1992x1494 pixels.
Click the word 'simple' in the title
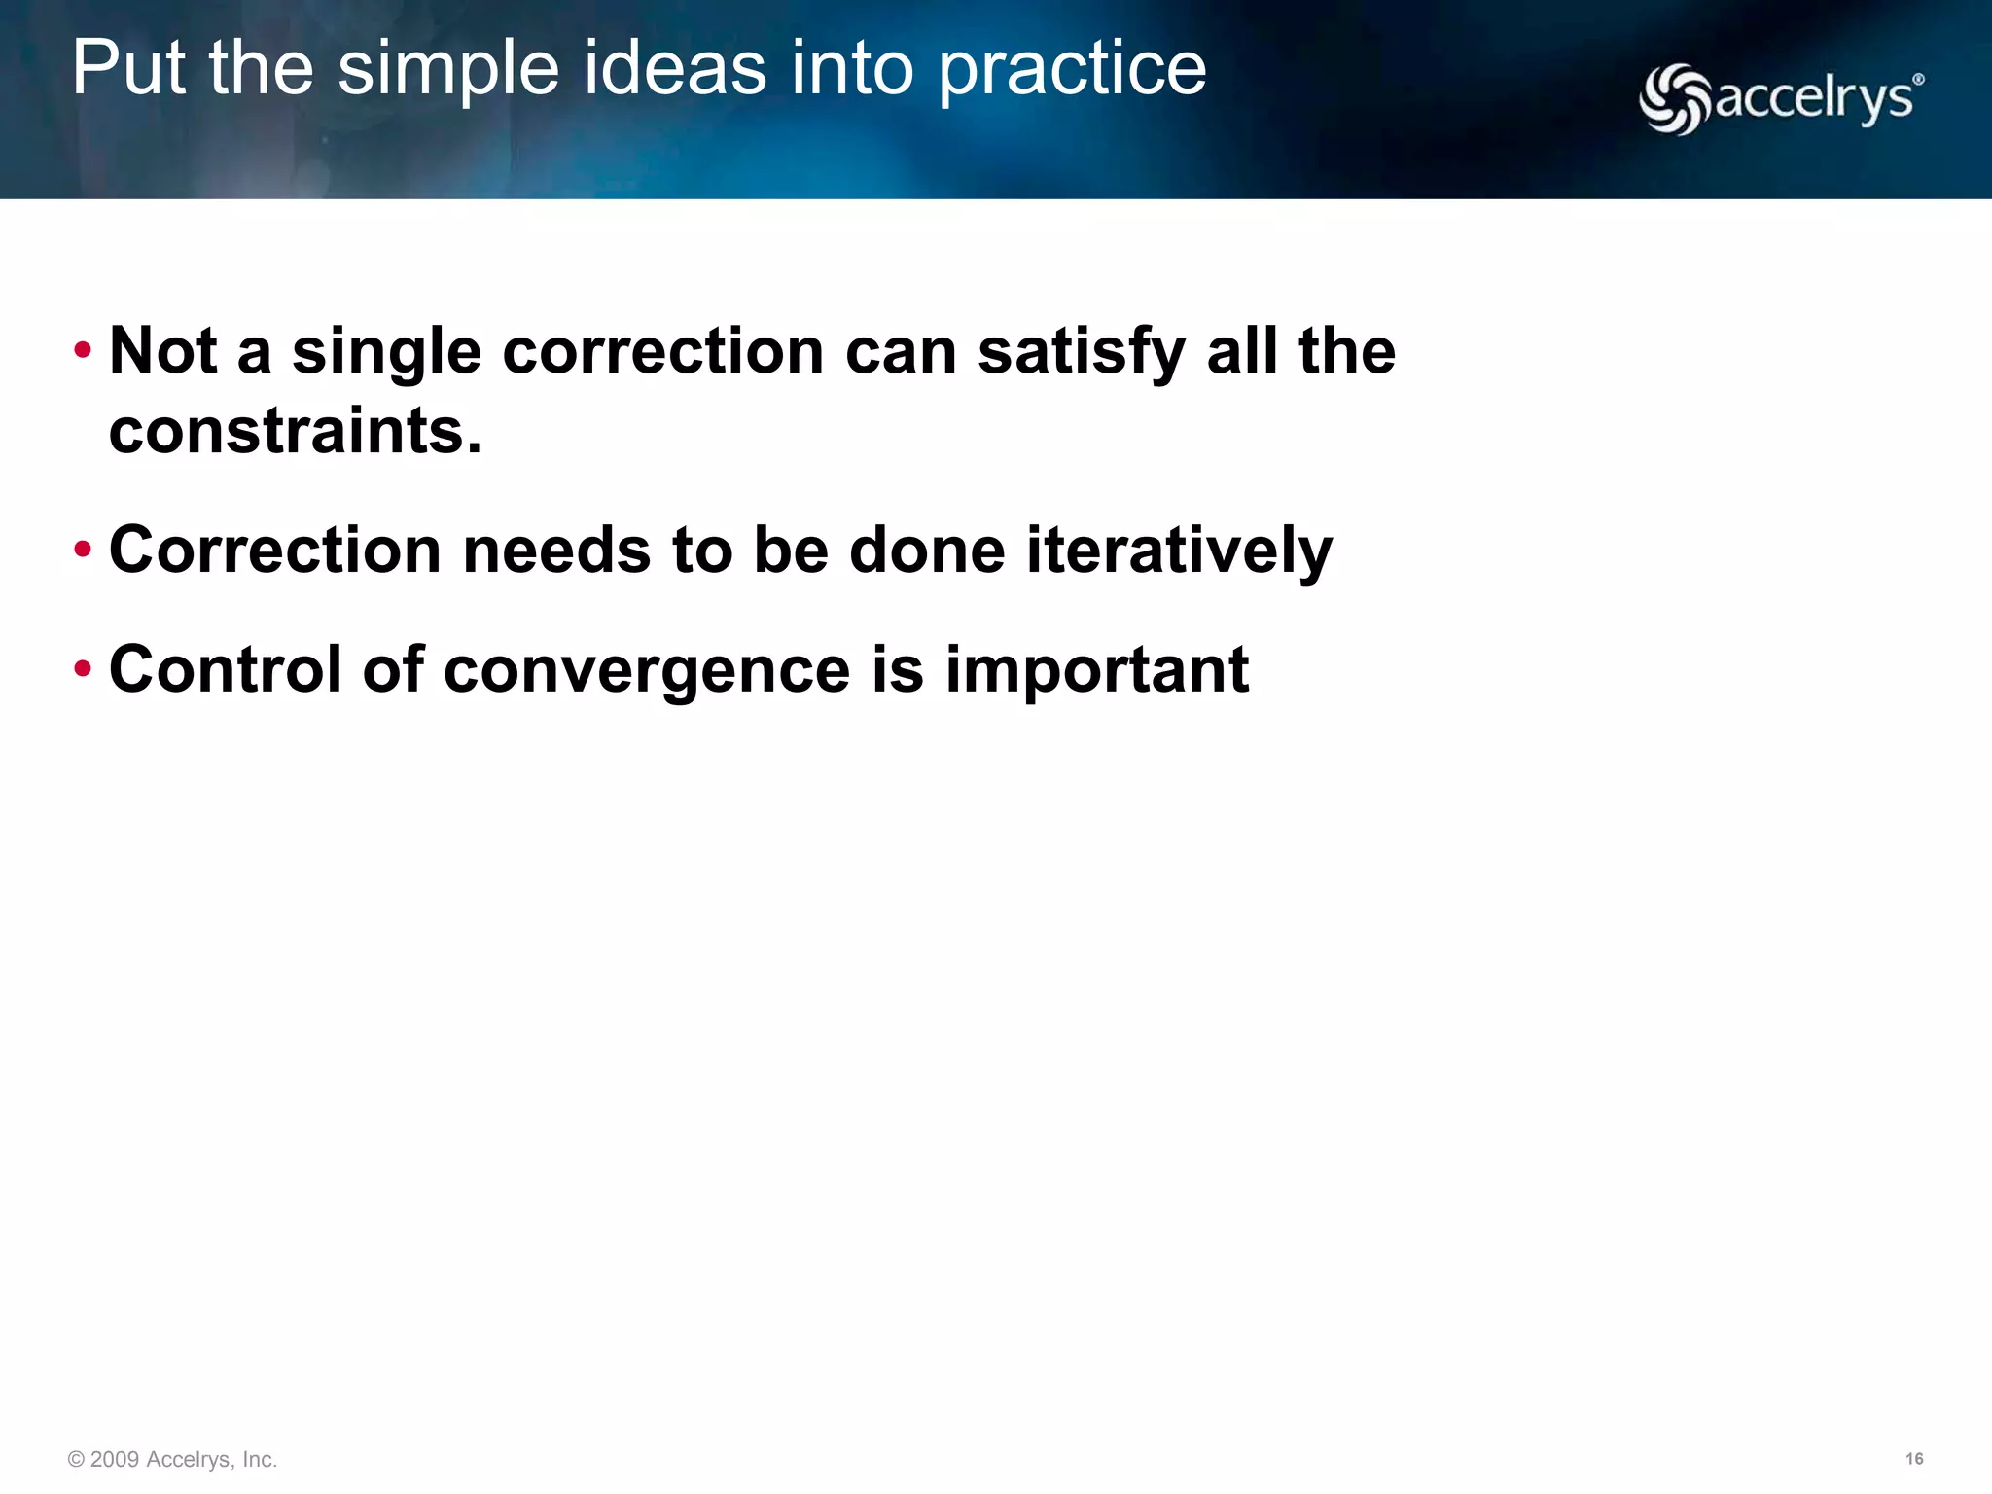click(x=448, y=70)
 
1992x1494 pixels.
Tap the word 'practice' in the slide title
click(x=1073, y=70)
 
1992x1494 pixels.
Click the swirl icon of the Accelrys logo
click(x=1674, y=99)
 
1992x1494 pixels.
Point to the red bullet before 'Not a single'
click(x=83, y=349)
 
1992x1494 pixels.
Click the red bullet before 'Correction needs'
click(x=83, y=550)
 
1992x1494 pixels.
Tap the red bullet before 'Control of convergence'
click(x=83, y=668)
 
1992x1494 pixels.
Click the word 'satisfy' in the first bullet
click(x=1081, y=352)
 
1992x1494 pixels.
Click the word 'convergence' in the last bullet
click(x=647, y=671)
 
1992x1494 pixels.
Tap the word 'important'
click(x=1097, y=671)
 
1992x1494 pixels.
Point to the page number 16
click(x=1913, y=1459)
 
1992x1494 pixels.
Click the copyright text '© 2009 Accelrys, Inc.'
click(x=173, y=1460)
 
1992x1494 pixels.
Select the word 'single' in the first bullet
click(x=386, y=352)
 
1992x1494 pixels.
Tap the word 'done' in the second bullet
click(x=926, y=551)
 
